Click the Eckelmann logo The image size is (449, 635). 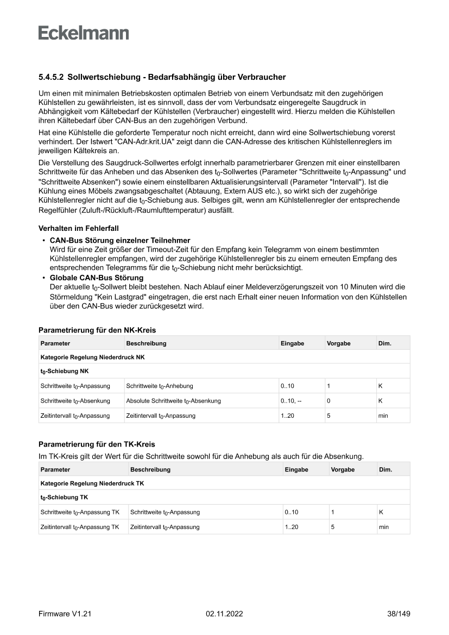coord(84,33)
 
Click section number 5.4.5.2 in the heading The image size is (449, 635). coord(52,78)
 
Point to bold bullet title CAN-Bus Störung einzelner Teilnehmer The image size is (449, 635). coord(120,240)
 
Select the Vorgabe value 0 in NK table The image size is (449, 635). coord(328,401)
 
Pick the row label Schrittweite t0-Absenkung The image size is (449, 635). coord(75,401)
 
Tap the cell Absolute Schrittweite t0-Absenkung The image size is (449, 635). coord(173,401)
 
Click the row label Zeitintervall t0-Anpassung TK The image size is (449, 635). coord(80,527)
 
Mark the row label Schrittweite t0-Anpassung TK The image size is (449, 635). coord(80,512)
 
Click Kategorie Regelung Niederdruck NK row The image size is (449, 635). coord(92,357)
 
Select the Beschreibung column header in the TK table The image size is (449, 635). coord(150,469)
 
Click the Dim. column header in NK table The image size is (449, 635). coord(384,343)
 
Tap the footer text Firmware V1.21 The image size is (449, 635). coord(65,614)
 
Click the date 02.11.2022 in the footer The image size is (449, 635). coord(224,614)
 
